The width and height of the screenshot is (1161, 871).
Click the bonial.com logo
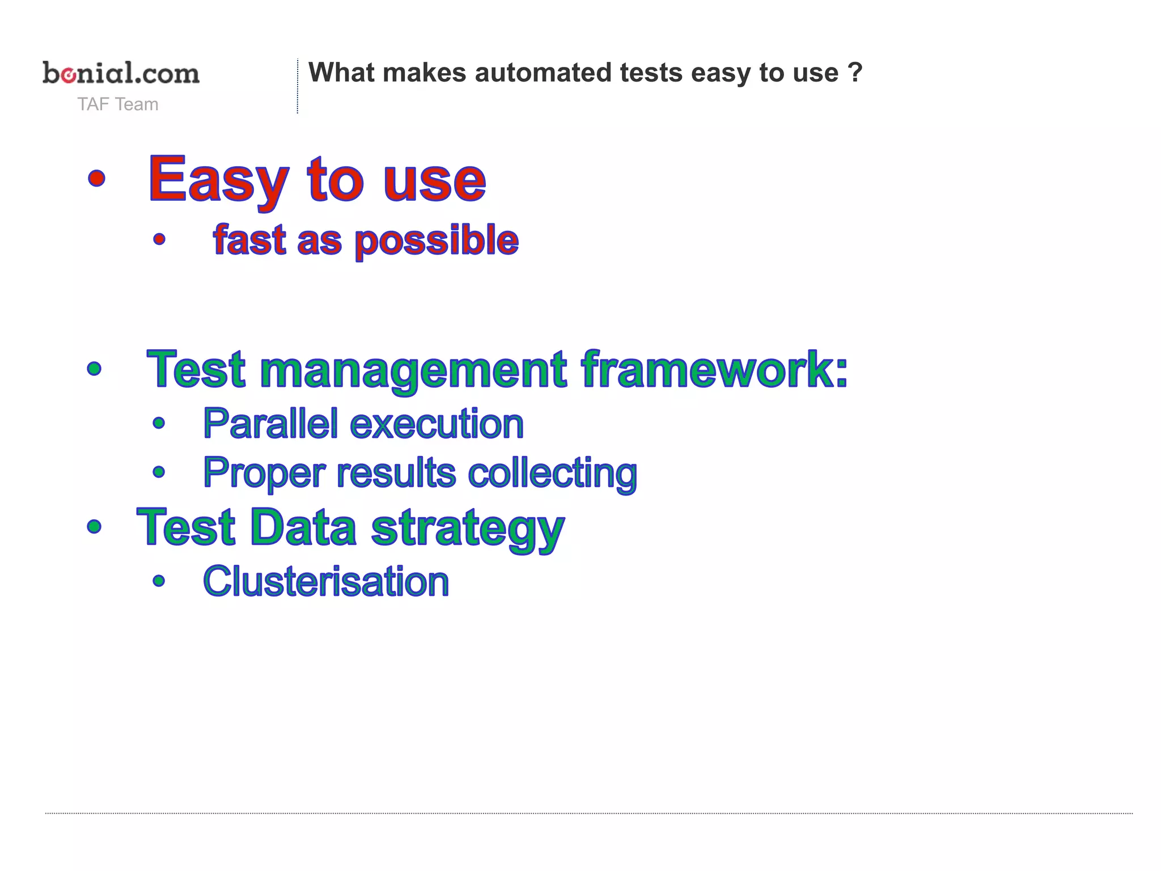point(121,73)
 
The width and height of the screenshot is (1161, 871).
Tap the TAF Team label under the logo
point(118,104)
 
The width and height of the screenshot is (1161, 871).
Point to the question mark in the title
point(855,73)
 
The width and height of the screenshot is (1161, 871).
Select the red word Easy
point(218,180)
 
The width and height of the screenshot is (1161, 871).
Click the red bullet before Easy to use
point(97,178)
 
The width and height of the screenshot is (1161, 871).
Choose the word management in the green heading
point(413,370)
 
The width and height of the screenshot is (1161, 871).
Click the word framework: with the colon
point(715,369)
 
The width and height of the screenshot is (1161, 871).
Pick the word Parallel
point(270,424)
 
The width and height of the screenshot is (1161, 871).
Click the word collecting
point(552,473)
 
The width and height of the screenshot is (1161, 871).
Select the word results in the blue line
point(396,472)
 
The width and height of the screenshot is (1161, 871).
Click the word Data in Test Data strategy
point(303,527)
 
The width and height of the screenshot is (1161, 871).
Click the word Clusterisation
point(326,582)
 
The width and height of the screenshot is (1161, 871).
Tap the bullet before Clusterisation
point(159,581)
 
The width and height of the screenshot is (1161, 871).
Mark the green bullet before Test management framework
point(94,369)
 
